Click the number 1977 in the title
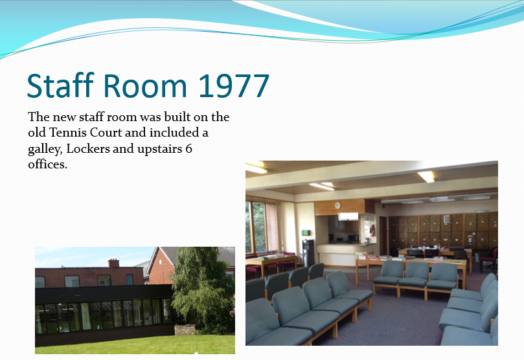234,85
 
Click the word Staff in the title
60,85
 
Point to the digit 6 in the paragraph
189,149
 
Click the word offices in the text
47,164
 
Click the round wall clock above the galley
337,205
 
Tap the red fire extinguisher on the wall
372,230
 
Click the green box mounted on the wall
306,232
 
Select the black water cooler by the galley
308,253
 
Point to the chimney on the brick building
113,263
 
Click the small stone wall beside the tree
185,330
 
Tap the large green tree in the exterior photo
203,291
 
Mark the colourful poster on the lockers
446,219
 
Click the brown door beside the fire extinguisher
383,235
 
